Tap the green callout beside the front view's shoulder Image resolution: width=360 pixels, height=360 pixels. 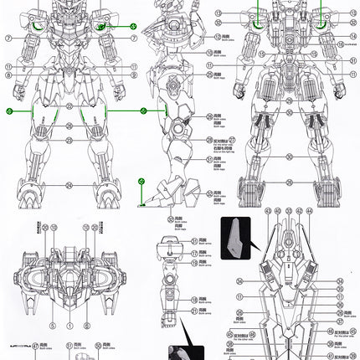(132, 27)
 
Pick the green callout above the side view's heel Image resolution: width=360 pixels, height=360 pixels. (141, 182)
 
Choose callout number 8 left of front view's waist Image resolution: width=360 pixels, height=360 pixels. (6, 75)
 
